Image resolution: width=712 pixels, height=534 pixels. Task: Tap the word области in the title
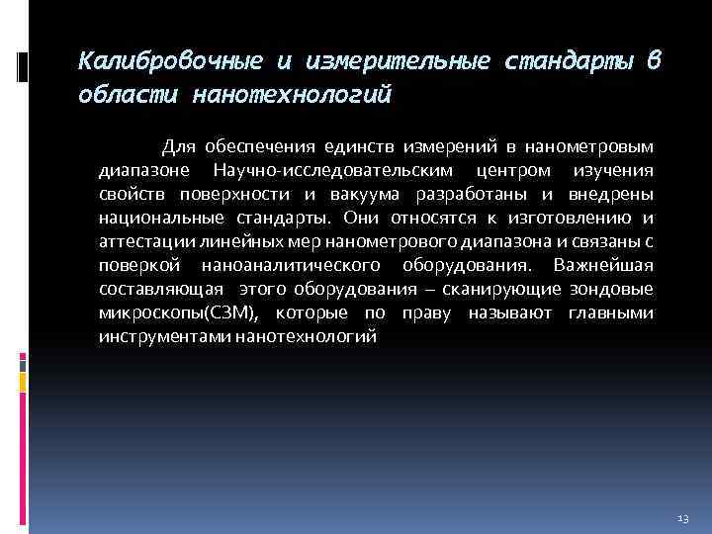[x=125, y=96]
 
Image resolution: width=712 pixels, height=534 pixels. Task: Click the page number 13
[x=682, y=518]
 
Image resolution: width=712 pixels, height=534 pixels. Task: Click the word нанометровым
[x=593, y=147]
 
